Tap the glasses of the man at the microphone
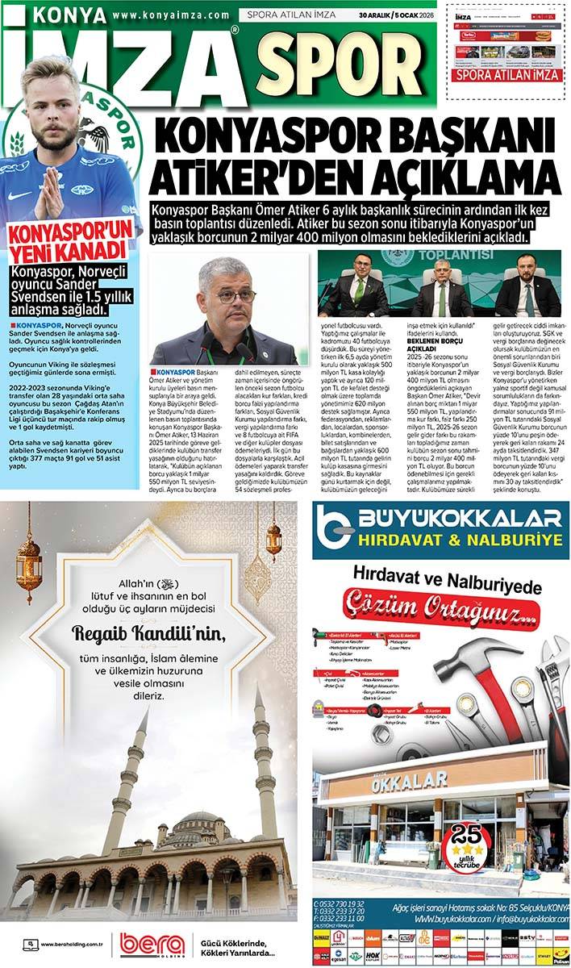coord(235,296)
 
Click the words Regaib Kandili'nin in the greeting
coord(149,632)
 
